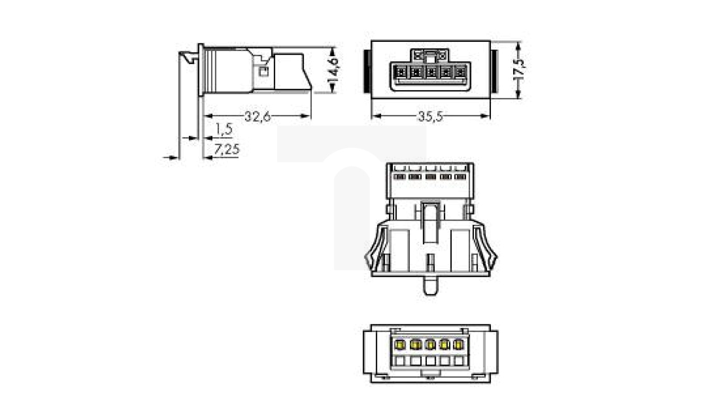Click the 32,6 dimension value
point(258,117)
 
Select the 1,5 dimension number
point(224,129)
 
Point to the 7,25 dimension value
point(227,150)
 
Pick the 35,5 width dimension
point(430,117)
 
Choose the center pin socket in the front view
point(430,72)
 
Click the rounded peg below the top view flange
point(430,286)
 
